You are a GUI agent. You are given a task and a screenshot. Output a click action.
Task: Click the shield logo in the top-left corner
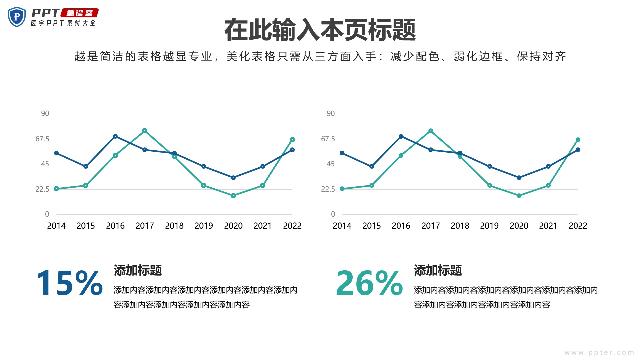click(17, 17)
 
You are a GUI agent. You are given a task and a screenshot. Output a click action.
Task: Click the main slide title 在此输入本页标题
click(320, 30)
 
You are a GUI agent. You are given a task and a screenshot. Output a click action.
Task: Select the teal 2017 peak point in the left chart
click(145, 131)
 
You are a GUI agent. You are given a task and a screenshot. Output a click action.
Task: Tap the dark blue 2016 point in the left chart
click(115, 136)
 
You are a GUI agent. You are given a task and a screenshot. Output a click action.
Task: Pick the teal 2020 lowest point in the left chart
click(233, 196)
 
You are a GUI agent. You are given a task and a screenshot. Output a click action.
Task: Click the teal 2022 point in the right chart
click(578, 140)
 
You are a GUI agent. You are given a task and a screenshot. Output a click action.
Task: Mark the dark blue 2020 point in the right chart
click(519, 178)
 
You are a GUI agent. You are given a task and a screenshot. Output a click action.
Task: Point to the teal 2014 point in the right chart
click(342, 189)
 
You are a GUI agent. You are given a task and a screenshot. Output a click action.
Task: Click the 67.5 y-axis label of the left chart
click(42, 139)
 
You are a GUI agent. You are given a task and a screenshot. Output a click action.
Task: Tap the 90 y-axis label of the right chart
click(331, 113)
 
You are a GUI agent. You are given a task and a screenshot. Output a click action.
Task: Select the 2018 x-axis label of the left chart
click(174, 226)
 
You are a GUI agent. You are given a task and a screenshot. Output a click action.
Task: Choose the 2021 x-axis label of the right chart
click(548, 226)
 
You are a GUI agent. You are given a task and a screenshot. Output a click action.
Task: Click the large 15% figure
click(69, 283)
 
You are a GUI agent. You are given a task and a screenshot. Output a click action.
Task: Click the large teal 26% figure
click(369, 283)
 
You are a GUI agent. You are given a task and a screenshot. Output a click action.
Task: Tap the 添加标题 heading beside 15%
click(138, 270)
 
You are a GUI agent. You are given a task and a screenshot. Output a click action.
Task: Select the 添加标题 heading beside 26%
click(438, 270)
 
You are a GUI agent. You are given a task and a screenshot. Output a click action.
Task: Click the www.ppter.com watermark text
click(599, 352)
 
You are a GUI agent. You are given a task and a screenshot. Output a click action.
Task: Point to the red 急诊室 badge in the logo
click(80, 13)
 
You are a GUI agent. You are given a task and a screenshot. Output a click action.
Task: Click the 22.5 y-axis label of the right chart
click(328, 189)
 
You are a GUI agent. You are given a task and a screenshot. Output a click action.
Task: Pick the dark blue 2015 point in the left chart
click(86, 166)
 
